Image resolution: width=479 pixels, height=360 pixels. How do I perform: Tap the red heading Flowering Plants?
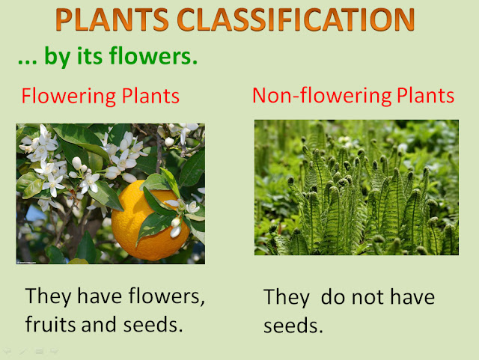point(100,96)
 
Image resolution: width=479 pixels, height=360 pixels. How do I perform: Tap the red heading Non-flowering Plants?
point(353,96)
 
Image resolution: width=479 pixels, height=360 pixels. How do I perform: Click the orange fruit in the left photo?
point(150,222)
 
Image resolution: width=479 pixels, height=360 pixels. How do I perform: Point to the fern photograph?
point(356,187)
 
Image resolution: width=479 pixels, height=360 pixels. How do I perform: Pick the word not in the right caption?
point(374,297)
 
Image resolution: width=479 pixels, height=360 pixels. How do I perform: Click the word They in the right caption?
point(287,297)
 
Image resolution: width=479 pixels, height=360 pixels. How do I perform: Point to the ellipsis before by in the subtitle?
point(27,60)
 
